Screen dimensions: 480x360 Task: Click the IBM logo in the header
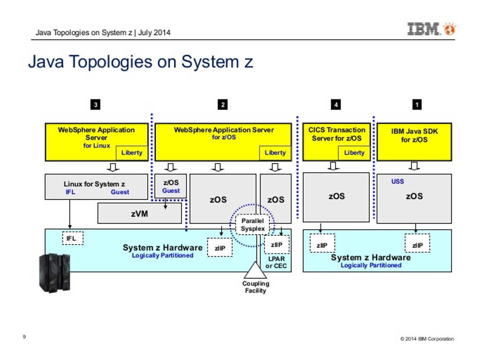tap(432, 29)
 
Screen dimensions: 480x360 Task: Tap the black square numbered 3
tap(96, 105)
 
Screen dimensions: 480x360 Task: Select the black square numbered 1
tap(417, 105)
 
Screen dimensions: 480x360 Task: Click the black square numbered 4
tap(336, 105)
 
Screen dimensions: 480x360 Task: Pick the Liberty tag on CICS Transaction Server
tap(354, 153)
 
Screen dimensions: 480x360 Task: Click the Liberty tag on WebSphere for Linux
tap(132, 153)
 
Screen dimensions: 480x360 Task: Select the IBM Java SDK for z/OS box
tap(414, 142)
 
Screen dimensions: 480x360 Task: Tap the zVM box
tap(140, 213)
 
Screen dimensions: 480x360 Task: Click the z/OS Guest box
tap(171, 186)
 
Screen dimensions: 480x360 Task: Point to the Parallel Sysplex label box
tap(253, 225)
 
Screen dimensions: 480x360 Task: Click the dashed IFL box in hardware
tap(73, 238)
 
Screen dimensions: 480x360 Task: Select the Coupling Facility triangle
tap(255, 270)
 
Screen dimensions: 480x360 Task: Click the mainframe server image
tap(55, 273)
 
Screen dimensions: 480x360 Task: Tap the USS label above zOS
tap(397, 181)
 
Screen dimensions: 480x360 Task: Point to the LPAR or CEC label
tap(276, 262)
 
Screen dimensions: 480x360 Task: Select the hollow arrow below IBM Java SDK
tap(414, 166)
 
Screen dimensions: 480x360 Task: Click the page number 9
tap(24, 337)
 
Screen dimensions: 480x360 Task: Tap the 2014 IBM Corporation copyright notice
tap(427, 339)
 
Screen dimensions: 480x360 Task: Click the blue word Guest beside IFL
tap(120, 192)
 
